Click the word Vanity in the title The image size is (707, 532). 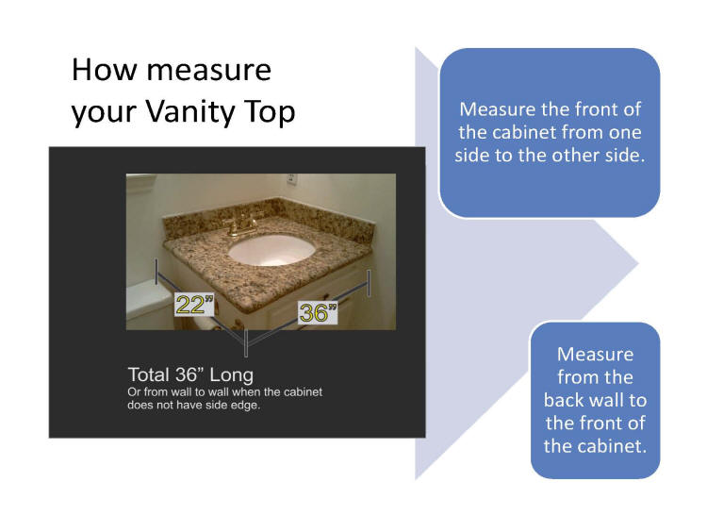tap(190, 111)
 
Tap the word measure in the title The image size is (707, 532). tap(208, 71)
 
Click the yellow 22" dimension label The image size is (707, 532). tap(194, 304)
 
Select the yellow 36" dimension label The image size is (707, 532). tap(318, 312)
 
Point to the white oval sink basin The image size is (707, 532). tap(271, 250)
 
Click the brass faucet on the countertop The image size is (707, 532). tap(240, 224)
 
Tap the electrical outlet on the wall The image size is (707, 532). tap(291, 179)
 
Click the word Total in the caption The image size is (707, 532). tap(148, 375)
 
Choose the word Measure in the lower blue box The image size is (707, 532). tap(595, 355)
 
